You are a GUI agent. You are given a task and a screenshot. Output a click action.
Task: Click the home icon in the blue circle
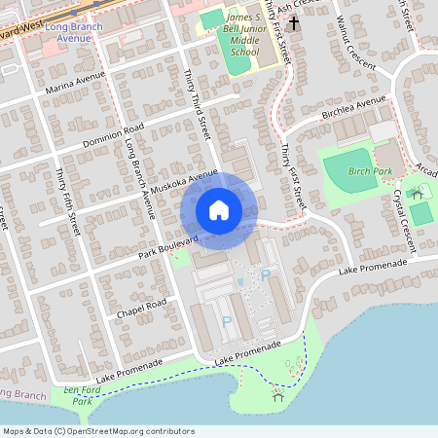pyautogui.click(x=219, y=210)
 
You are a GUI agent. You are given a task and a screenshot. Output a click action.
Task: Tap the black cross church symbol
pyautogui.click(x=293, y=20)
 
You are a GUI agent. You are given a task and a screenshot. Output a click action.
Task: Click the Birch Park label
pyautogui.click(x=370, y=171)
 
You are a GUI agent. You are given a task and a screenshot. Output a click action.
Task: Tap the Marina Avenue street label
pyautogui.click(x=74, y=88)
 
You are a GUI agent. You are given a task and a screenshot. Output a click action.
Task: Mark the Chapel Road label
pyautogui.click(x=142, y=309)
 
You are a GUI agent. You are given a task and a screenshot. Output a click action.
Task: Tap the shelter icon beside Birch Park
pyautogui.click(x=419, y=193)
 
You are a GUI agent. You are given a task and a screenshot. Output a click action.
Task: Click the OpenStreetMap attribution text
pyautogui.click(x=98, y=430)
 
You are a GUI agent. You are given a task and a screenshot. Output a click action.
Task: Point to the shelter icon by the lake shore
pyautogui.click(x=277, y=394)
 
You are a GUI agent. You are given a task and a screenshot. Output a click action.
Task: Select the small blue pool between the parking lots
pyautogui.click(x=240, y=281)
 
